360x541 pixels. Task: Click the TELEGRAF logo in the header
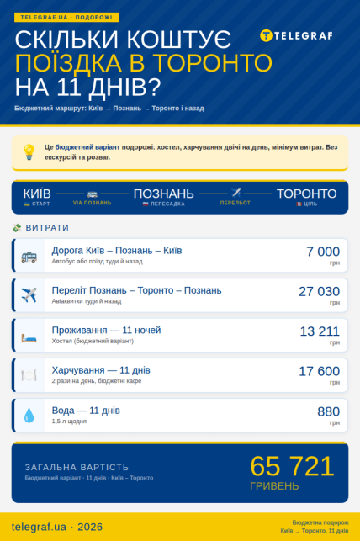296,35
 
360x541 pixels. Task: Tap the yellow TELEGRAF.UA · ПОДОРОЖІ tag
66,17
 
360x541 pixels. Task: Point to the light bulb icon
29,151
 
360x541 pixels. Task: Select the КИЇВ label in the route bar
36,194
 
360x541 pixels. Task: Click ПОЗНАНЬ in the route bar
163,194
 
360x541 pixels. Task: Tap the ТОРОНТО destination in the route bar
306,194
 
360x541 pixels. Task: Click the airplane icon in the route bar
236,193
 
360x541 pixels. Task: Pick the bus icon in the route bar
92,193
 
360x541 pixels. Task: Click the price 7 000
323,251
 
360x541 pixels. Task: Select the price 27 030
319,290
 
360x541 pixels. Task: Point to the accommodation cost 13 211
320,331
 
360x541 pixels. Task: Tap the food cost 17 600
319,371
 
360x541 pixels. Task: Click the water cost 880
328,411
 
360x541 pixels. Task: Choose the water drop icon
29,415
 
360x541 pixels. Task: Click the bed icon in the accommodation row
29,336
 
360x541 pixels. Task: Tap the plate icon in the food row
29,375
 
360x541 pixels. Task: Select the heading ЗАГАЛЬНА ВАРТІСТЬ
77,466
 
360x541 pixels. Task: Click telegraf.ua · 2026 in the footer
57,527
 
